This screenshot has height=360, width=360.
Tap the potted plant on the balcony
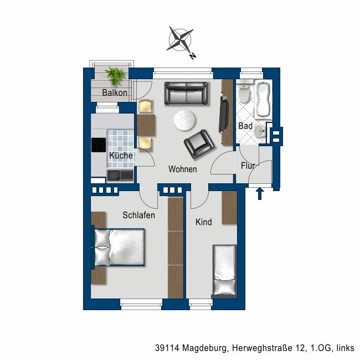[115, 76]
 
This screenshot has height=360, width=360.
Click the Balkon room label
[115, 92]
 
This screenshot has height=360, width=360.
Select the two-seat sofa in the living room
[186, 94]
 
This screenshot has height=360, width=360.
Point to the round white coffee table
[184, 120]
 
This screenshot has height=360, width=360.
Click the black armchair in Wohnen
[199, 144]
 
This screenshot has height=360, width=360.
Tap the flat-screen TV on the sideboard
[224, 114]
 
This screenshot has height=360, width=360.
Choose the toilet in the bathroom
[244, 92]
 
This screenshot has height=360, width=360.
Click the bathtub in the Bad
[263, 99]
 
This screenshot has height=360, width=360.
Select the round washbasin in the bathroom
[260, 132]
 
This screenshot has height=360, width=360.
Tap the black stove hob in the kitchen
[99, 145]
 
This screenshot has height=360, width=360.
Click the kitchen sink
[120, 175]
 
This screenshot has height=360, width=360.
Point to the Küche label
[121, 156]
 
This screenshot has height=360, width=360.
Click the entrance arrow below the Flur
[260, 193]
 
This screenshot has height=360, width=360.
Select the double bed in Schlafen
[118, 248]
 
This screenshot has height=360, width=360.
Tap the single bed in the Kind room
[224, 271]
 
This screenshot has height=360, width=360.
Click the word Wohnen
[183, 169]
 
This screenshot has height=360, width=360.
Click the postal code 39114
[167, 348]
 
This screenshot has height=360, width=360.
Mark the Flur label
[248, 166]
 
